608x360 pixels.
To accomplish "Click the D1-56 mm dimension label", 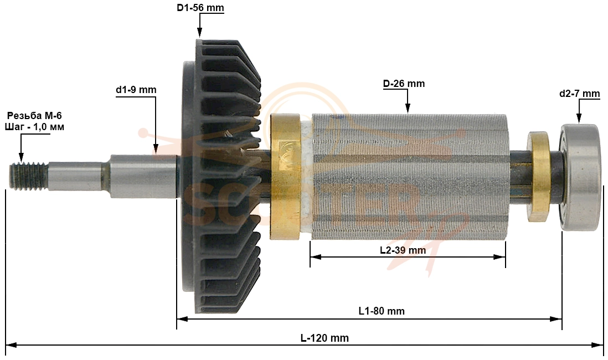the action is pyautogui.click(x=200, y=8).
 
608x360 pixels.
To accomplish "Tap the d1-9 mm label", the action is pyautogui.click(x=136, y=90).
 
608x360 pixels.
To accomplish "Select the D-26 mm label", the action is pyautogui.click(x=404, y=84).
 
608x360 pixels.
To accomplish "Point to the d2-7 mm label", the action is pyautogui.click(x=579, y=94).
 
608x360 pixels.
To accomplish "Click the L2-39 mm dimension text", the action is pyautogui.click(x=403, y=250).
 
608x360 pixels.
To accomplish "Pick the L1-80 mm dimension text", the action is pyautogui.click(x=382, y=311).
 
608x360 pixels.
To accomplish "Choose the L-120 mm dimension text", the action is pyautogui.click(x=325, y=338).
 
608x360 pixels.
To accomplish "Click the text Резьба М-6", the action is pyautogui.click(x=34, y=116).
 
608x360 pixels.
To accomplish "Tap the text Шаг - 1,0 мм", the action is pyautogui.click(x=34, y=127).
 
